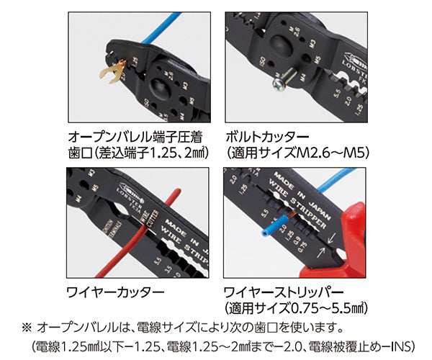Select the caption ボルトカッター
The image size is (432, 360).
pos(267,136)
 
